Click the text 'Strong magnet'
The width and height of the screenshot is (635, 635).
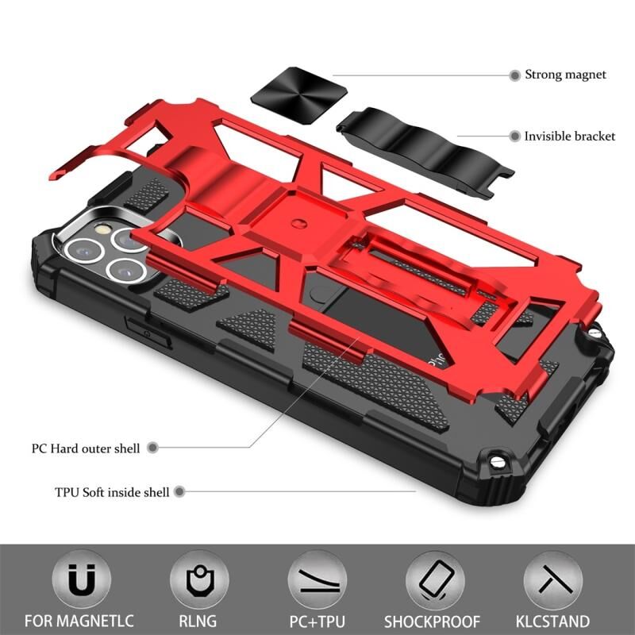[565, 75]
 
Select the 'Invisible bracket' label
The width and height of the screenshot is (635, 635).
[569, 137]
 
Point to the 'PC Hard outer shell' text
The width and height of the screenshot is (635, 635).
[86, 448]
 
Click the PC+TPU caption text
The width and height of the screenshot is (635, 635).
[317, 621]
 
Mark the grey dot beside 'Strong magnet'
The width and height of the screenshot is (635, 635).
[514, 75]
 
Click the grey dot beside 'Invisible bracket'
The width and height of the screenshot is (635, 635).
[514, 137]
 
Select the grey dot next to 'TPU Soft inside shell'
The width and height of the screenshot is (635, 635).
[180, 492]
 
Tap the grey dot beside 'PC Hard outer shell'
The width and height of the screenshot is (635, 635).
[152, 448]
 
